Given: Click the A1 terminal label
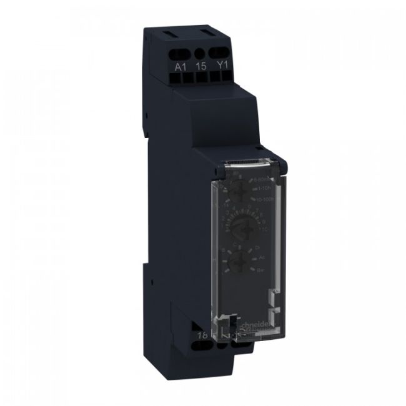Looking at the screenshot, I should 181,67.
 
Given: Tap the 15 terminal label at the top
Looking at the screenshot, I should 200,66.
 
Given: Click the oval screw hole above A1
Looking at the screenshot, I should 181,52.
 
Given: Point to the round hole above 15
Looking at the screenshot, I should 200,53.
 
